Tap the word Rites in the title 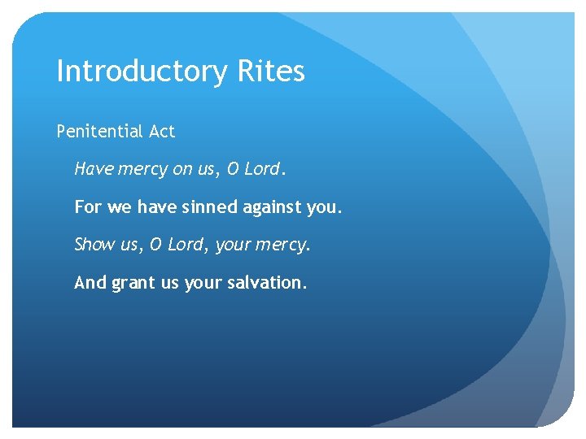click(271, 72)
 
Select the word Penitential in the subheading click(100, 131)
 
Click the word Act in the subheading click(162, 131)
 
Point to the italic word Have click(94, 169)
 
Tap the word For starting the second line click(88, 207)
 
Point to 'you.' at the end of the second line click(326, 208)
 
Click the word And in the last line click(90, 283)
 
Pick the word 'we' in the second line click(119, 208)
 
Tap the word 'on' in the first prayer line click(182, 169)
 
